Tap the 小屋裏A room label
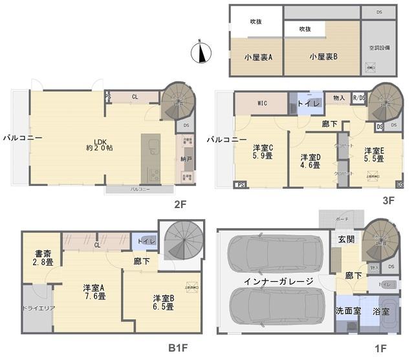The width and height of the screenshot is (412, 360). tap(257, 57)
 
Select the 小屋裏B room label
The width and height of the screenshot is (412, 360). tap(323, 57)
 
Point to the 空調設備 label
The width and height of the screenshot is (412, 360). tap(380, 48)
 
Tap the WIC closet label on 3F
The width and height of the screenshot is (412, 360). tap(261, 103)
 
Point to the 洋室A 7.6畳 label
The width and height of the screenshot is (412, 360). tap(94, 291)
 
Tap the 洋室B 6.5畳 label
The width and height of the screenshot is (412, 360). tap(163, 302)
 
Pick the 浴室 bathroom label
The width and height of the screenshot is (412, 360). tap(381, 311)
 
